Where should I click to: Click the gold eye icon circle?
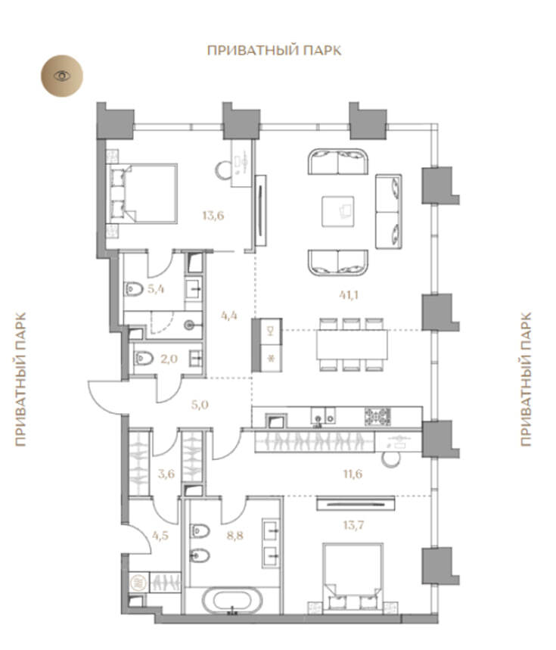pyautogui.click(x=62, y=76)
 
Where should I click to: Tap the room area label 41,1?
pyautogui.click(x=349, y=295)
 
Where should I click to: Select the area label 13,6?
pyautogui.click(x=213, y=216)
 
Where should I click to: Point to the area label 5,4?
pyautogui.click(x=156, y=288)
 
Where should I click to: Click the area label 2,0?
pyautogui.click(x=169, y=359)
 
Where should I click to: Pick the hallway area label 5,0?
pyautogui.click(x=200, y=405)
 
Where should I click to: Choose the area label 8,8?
pyautogui.click(x=235, y=536)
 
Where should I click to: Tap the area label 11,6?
pyautogui.click(x=353, y=474)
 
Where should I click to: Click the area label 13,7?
pyautogui.click(x=353, y=525)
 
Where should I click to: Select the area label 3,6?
pyautogui.click(x=166, y=474)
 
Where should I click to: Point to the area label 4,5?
pyautogui.click(x=160, y=536)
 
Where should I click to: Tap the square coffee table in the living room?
pyautogui.click(x=338, y=211)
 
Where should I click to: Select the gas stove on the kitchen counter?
pyautogui.click(x=377, y=417)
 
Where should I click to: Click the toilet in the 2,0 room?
pyautogui.click(x=144, y=358)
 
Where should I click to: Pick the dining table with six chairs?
pyautogui.click(x=352, y=344)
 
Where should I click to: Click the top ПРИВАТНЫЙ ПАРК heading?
pyautogui.click(x=275, y=50)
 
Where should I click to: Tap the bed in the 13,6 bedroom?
pyautogui.click(x=142, y=194)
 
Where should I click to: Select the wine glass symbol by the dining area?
pyautogui.click(x=271, y=331)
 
